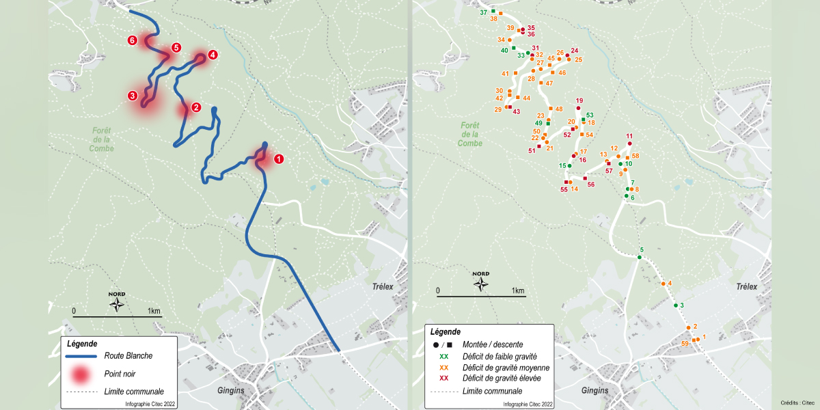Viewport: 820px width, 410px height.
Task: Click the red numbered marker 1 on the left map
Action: coord(278,159)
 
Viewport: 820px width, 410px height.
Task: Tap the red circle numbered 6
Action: coord(133,40)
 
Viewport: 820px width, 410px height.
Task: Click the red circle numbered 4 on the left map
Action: coord(213,55)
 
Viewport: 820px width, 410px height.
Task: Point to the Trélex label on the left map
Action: coord(383,287)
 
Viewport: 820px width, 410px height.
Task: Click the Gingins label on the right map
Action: coord(594,391)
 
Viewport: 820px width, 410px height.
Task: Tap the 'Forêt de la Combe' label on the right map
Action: coord(469,134)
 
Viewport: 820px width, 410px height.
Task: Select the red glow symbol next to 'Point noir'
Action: coord(81,374)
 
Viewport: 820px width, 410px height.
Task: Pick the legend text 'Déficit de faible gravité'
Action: coord(500,356)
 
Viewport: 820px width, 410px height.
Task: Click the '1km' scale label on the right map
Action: coord(517,291)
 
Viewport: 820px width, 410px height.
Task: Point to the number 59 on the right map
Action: coord(685,343)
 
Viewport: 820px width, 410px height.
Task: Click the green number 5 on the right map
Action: coord(642,250)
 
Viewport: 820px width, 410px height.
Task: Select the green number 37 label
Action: coord(483,13)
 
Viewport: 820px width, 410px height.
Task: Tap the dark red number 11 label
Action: coord(629,136)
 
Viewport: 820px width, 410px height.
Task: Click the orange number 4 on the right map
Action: coord(670,283)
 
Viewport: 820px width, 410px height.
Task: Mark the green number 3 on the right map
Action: coord(682,305)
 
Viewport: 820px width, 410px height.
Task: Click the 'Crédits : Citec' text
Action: coord(798,403)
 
